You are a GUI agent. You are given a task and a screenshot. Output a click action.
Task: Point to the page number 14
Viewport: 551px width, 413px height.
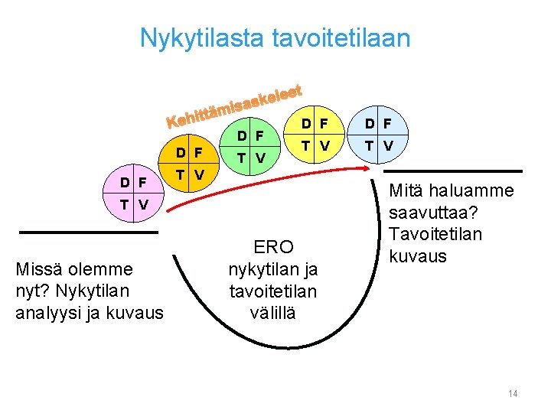click(513, 393)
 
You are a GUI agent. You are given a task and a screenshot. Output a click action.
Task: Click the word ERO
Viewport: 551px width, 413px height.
click(273, 247)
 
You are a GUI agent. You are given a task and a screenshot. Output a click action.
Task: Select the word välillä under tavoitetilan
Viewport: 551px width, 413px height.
click(273, 313)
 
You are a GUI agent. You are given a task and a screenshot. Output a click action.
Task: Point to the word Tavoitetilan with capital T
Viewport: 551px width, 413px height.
click(436, 234)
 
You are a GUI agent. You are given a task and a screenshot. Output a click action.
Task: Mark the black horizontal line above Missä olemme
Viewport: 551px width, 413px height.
click(89, 232)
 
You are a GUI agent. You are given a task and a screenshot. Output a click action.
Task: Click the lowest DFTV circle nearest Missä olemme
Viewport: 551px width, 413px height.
click(133, 194)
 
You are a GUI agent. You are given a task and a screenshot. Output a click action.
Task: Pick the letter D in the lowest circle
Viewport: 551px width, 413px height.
click(124, 183)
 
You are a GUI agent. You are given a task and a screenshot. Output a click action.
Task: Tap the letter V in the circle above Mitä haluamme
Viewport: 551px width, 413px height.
click(388, 145)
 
